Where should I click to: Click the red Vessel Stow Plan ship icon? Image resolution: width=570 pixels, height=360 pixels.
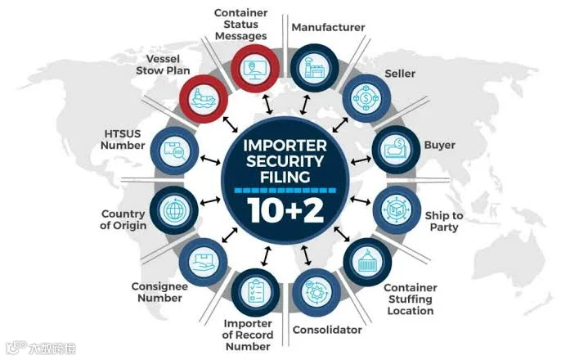point(204,98)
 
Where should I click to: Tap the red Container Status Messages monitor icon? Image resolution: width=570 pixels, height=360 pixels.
point(255,69)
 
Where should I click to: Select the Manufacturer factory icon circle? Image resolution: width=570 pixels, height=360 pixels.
point(315,68)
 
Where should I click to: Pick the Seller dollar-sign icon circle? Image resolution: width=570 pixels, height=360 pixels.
point(366,98)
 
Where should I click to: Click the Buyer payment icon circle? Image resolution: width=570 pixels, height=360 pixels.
point(396,150)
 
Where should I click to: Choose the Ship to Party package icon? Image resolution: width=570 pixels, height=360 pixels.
point(397,209)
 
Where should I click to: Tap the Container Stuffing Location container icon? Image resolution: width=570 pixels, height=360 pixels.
point(367,262)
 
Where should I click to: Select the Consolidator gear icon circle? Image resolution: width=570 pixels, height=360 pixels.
point(316,292)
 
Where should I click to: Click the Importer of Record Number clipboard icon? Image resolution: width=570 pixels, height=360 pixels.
point(255,292)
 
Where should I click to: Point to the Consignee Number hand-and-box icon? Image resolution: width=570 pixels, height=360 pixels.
point(203,262)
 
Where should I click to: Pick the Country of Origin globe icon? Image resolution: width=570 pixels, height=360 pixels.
point(174,210)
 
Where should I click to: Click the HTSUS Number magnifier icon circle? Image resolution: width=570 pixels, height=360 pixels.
point(174,151)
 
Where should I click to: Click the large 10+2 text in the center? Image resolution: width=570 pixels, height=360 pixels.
point(285,210)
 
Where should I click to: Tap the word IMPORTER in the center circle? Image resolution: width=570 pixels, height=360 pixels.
point(285,146)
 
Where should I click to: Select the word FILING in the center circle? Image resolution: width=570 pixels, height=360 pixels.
point(285,177)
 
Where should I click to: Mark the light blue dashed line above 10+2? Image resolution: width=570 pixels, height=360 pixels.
point(285,190)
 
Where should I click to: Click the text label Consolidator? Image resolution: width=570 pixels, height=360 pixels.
point(327,330)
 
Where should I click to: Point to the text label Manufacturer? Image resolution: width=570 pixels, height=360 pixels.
point(328,27)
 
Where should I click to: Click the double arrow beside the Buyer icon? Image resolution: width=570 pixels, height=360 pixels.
point(361,160)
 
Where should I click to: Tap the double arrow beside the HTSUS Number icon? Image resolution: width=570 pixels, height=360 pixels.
point(210,160)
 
